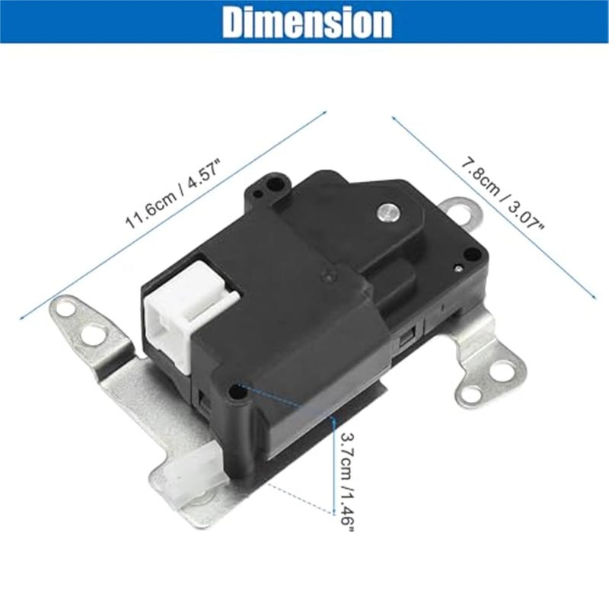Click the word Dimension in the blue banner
(307, 23)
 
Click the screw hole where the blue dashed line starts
(238, 392)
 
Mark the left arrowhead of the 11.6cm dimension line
(21, 314)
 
